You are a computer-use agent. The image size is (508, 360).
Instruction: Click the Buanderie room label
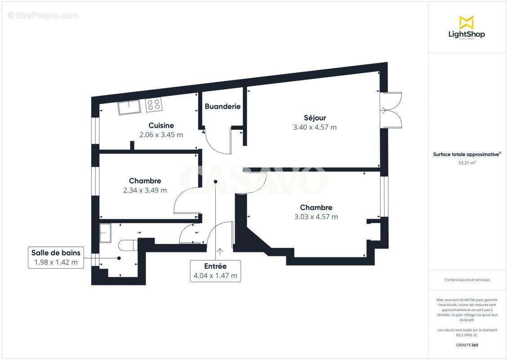223,107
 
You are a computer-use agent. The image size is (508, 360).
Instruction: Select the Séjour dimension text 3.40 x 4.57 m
315,127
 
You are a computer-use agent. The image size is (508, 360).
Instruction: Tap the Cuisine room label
161,126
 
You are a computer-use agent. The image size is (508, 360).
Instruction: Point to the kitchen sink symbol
129,107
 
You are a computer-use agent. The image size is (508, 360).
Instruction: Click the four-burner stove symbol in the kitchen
154,105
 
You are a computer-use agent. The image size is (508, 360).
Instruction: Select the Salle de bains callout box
56,258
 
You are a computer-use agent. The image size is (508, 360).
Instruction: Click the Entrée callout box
215,271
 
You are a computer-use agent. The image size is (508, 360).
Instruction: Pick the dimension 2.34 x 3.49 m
145,190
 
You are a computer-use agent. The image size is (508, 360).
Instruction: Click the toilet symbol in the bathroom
128,245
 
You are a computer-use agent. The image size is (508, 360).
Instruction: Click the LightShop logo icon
466,22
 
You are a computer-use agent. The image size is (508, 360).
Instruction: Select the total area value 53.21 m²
467,163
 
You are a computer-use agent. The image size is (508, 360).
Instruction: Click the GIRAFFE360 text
467,345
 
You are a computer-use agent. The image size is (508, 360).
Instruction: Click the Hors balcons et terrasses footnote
467,280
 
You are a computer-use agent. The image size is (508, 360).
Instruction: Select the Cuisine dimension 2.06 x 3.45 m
161,135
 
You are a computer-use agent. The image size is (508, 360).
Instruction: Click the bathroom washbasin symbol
106,233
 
